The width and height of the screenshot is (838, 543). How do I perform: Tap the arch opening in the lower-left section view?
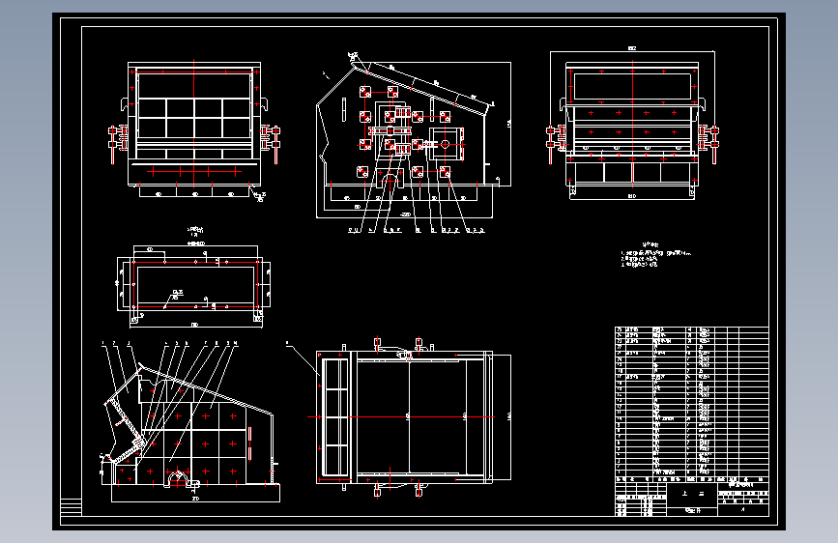pyautogui.click(x=179, y=477)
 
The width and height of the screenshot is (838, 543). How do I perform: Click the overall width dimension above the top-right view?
pyautogui.click(x=633, y=47)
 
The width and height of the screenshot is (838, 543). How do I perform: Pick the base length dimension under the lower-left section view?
pyautogui.click(x=195, y=500)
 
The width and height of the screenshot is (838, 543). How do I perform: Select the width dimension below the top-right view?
pyautogui.click(x=633, y=196)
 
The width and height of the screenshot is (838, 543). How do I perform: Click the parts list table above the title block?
pyautogui.click(x=691, y=401)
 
